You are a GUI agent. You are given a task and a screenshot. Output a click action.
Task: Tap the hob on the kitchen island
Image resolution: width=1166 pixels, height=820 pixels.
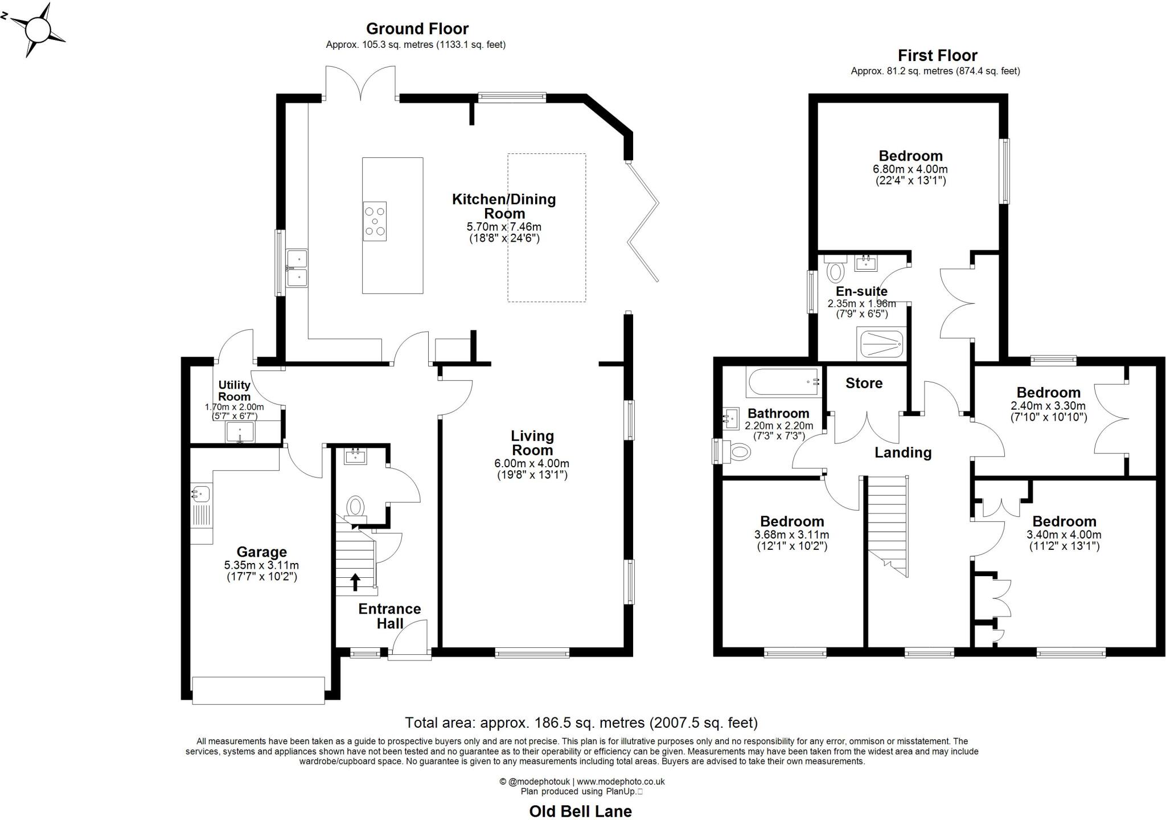(375, 221)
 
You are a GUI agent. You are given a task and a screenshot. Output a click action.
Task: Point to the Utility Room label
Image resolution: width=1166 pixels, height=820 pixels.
(234, 391)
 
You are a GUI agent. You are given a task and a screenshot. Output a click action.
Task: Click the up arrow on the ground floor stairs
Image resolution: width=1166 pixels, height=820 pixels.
(355, 581)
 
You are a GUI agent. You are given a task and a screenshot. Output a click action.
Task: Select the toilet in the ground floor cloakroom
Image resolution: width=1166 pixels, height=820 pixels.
(356, 506)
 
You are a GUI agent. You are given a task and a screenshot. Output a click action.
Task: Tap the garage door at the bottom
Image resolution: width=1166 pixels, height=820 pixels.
(258, 690)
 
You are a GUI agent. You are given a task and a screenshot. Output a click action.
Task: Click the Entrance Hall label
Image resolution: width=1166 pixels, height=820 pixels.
(389, 616)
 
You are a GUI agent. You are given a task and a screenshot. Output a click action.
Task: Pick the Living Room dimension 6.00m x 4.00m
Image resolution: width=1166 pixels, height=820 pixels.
(532, 463)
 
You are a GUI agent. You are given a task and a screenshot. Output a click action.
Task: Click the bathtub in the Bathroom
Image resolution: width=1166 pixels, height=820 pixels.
(783, 382)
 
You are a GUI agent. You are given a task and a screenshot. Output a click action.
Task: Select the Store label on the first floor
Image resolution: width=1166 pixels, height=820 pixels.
(864, 383)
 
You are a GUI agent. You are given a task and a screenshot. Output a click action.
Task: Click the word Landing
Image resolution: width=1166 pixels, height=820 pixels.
(903, 452)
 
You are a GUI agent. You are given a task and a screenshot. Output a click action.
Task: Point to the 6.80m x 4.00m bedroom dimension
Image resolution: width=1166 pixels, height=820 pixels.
(910, 169)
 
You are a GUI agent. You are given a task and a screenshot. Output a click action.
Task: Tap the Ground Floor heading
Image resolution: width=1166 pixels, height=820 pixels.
(417, 28)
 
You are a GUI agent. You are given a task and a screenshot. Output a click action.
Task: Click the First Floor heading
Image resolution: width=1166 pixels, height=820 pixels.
(937, 55)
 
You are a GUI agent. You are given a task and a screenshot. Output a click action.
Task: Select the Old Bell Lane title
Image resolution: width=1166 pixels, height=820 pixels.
(580, 811)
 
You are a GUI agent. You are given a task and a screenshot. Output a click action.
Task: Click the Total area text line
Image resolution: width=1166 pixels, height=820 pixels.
(581, 723)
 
